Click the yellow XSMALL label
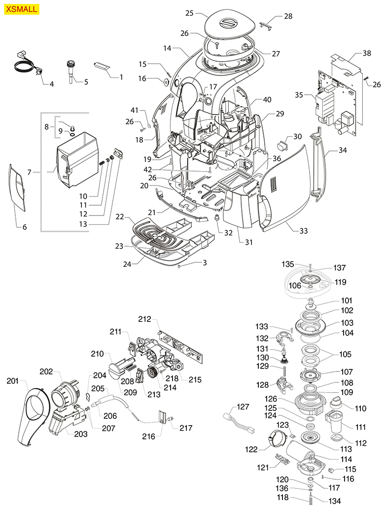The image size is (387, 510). [x=21, y=9]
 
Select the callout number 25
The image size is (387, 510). [x=189, y=13]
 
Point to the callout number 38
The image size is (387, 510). [x=366, y=53]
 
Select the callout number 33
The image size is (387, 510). [x=303, y=231]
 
